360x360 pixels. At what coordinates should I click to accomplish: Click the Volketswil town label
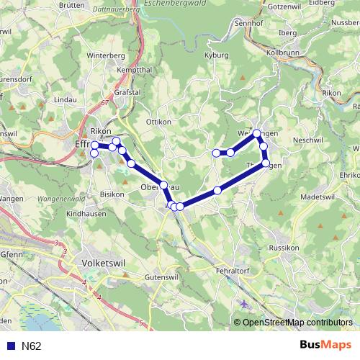click(104, 263)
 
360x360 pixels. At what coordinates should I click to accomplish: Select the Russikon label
click(283, 247)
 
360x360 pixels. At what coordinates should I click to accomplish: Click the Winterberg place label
click(101, 55)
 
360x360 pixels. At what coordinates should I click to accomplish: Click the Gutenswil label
click(161, 276)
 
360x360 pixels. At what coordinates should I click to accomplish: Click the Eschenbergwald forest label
click(176, 4)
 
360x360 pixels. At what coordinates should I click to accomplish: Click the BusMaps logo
click(327, 345)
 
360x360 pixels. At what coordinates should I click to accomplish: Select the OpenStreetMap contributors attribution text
click(297, 322)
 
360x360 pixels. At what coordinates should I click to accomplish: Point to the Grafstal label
click(126, 92)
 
